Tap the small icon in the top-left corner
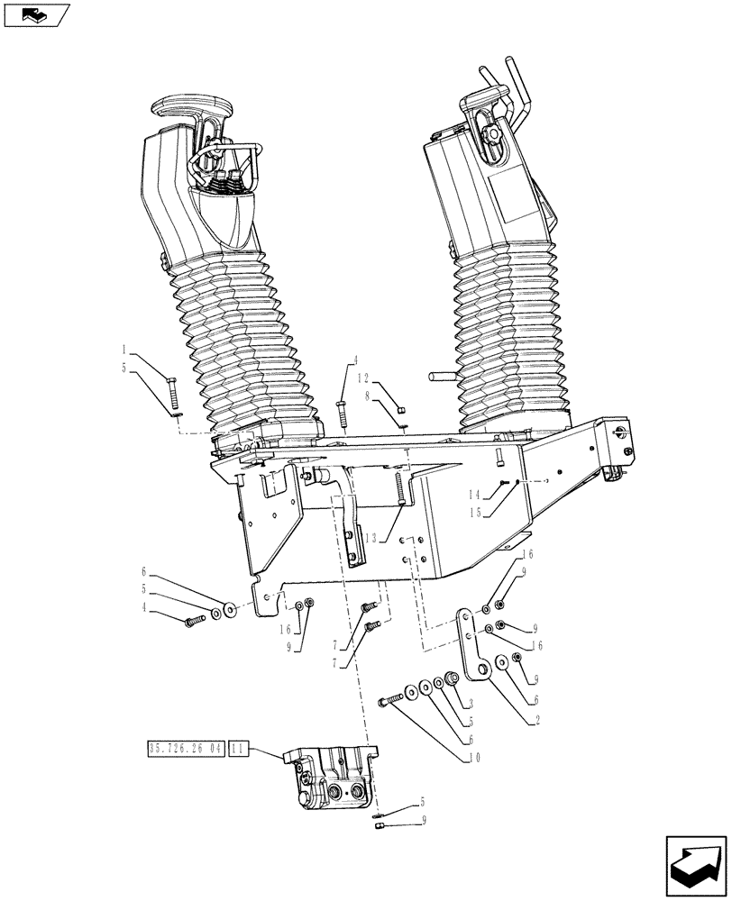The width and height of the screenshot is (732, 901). click(35, 14)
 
